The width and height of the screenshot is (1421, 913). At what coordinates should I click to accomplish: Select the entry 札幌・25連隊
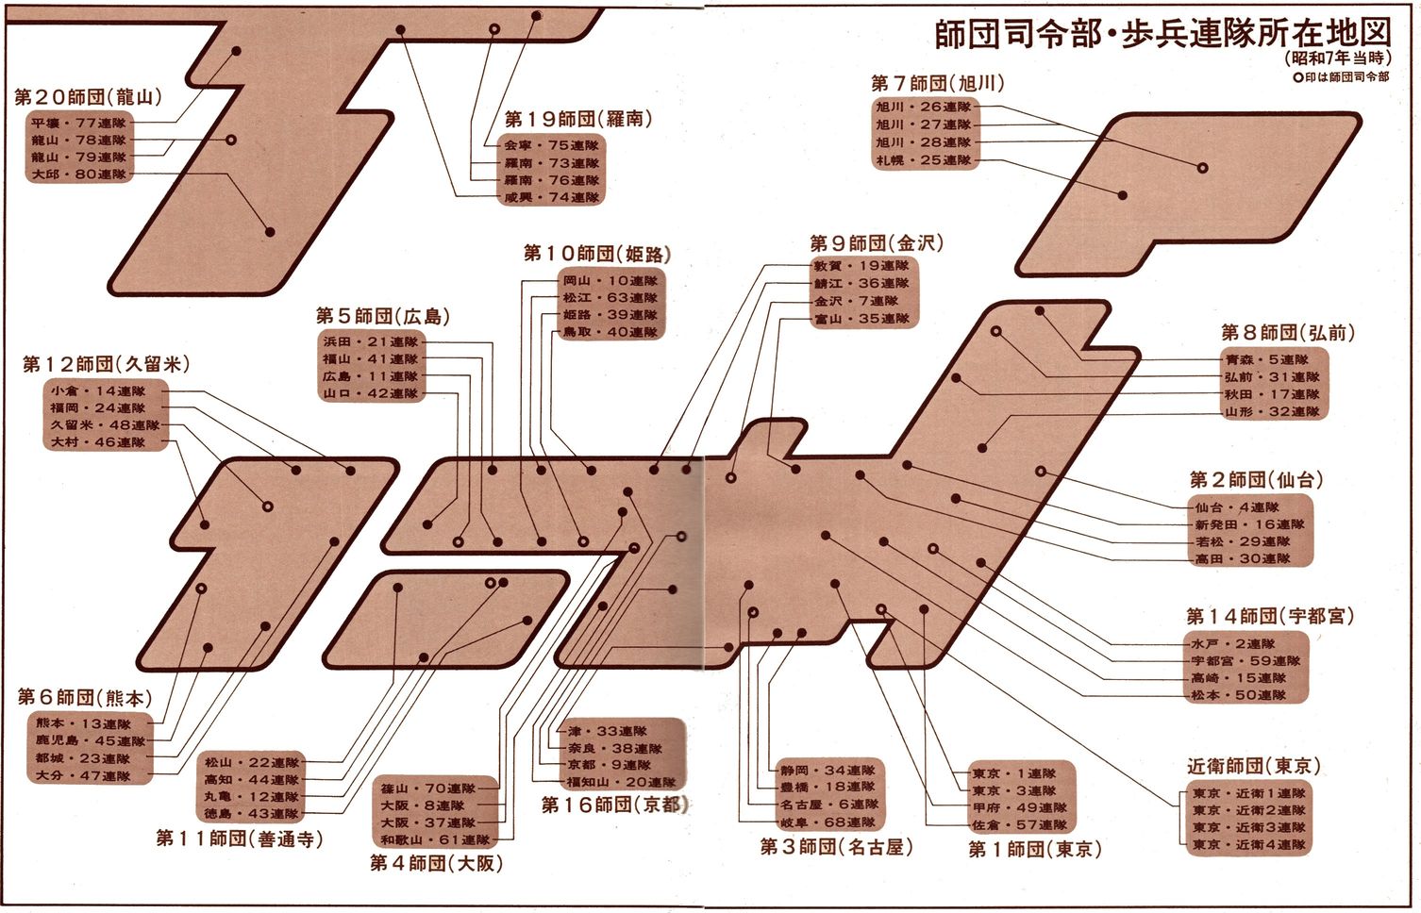click(x=923, y=160)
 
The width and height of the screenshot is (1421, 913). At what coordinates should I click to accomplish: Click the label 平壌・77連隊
click(x=78, y=124)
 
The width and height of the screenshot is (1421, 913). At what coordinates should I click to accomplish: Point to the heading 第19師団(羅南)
click(x=577, y=120)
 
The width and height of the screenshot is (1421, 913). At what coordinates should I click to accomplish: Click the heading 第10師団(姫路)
click(x=597, y=254)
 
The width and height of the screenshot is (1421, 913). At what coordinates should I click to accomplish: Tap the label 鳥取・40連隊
click(x=610, y=332)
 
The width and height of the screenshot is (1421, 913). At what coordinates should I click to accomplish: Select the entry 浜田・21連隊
click(x=370, y=341)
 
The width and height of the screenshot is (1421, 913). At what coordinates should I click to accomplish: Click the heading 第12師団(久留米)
click(x=106, y=364)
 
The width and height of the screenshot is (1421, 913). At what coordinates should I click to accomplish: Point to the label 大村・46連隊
click(x=98, y=441)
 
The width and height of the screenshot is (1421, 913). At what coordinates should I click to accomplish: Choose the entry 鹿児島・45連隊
click(x=91, y=741)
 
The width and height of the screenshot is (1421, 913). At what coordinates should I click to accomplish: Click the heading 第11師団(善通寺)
click(x=239, y=838)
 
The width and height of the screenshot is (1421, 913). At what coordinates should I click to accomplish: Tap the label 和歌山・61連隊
click(x=435, y=839)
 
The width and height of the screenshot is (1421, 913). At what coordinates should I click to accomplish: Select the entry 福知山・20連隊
click(x=621, y=782)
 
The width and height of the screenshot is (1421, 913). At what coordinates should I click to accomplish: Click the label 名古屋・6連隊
click(x=828, y=805)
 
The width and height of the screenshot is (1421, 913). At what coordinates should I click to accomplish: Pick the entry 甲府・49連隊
click(x=1019, y=808)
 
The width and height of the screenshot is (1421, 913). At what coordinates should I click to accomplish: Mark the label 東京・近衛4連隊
click(x=1248, y=844)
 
